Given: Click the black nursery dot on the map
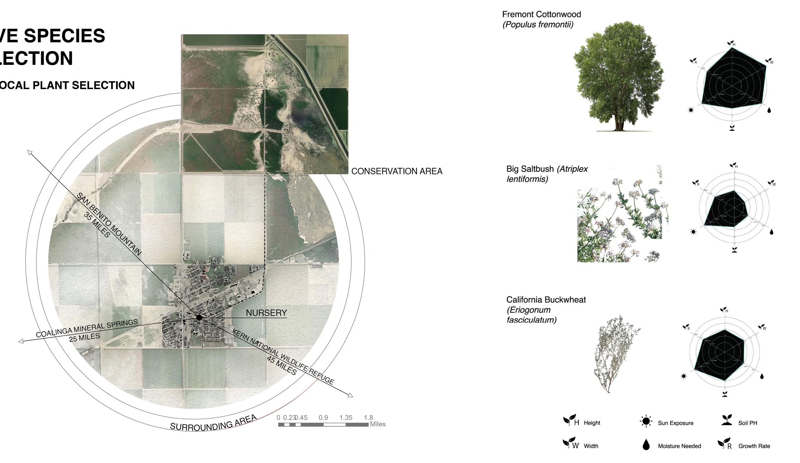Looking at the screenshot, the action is [199, 317].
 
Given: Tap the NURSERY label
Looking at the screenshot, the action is [266, 313].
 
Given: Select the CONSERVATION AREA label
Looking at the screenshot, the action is [397, 171].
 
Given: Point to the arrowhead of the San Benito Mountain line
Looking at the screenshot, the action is [30, 152].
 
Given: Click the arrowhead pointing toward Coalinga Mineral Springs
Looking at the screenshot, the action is [21, 341].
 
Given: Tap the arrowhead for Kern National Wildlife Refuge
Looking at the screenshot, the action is [350, 395].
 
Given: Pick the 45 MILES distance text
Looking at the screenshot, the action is [281, 365].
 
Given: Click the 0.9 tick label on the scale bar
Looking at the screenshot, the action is [323, 418].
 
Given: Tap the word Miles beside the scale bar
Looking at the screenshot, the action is [377, 424].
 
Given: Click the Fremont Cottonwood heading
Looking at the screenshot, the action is [541, 14].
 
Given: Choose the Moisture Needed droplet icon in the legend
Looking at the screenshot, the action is [646, 445].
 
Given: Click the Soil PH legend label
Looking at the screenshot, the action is [747, 423].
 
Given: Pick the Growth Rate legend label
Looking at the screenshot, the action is [754, 446].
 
